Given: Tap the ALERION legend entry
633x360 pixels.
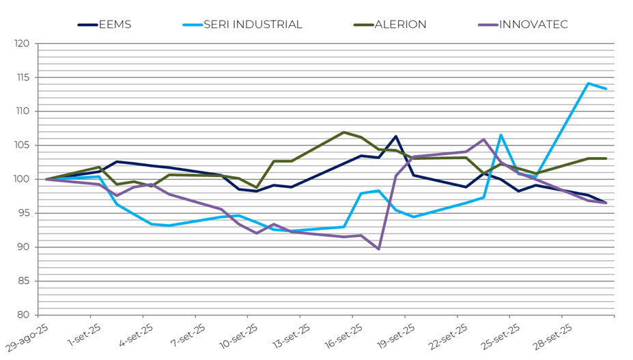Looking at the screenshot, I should (x=399, y=25).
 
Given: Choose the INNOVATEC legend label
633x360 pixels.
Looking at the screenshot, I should (x=533, y=25).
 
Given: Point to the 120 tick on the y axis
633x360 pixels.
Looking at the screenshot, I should (x=23, y=44).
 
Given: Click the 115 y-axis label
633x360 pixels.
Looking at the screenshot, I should (x=23, y=77).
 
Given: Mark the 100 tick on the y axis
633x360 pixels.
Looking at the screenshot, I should (x=23, y=179).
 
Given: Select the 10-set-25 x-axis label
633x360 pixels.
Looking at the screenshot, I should (x=238, y=336).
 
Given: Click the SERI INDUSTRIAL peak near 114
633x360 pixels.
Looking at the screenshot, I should (x=588, y=83).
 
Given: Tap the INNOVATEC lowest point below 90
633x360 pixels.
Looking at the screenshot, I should (x=379, y=249).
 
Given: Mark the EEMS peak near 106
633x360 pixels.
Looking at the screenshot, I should (x=396, y=137).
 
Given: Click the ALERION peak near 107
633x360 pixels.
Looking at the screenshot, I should (x=343, y=132).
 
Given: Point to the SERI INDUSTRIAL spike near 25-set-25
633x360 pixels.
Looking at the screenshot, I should (x=501, y=135).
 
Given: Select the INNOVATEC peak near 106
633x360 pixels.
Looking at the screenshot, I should (x=483, y=139).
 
